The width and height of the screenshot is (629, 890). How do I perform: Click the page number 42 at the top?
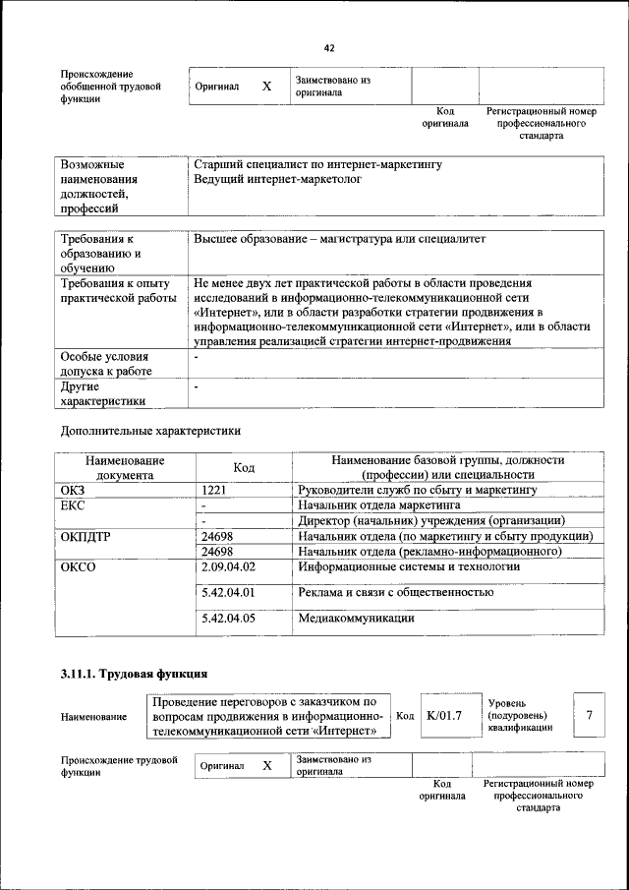[x=329, y=48]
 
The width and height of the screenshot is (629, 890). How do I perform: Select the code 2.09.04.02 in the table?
[x=227, y=567]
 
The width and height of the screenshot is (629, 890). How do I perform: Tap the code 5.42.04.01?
[x=227, y=593]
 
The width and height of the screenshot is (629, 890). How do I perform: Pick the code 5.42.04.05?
[x=227, y=619]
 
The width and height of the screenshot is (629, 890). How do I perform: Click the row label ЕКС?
[x=74, y=504]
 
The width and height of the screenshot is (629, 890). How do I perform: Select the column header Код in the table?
[x=244, y=467]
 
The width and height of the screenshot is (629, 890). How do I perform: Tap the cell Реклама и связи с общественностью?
[x=395, y=593]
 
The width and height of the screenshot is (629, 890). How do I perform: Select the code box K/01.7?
[x=444, y=716]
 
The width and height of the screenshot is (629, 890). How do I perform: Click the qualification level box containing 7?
[x=589, y=716]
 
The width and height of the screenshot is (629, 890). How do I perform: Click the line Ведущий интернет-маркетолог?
[x=278, y=180]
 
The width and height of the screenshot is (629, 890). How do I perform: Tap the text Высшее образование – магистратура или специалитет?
[x=339, y=239]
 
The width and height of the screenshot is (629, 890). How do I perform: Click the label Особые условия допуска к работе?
[x=105, y=364]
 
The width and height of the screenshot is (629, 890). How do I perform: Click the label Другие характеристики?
[x=103, y=393]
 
